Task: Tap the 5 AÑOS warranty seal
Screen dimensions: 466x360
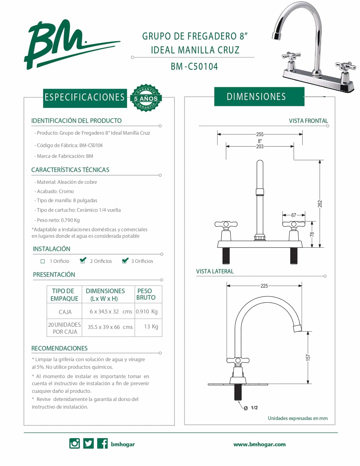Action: [x=145, y=98]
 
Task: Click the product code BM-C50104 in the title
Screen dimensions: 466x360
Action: [x=194, y=67]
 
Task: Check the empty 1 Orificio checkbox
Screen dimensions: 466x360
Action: [x=43, y=261]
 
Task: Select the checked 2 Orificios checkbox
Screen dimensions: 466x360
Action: [x=83, y=261]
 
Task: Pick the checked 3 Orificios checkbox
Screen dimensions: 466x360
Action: [x=125, y=261]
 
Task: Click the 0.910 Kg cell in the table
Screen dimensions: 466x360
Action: [x=147, y=312]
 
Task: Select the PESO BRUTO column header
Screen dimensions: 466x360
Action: [x=146, y=294]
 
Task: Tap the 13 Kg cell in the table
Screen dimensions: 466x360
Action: [x=151, y=326]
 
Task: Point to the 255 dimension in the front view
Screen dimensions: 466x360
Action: [x=260, y=134]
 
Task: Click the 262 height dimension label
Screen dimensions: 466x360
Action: [x=320, y=204]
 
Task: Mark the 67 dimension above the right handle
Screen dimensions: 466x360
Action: [x=294, y=215]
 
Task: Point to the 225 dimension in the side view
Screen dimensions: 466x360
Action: [x=264, y=286]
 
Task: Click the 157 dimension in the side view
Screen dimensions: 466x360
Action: [x=308, y=357]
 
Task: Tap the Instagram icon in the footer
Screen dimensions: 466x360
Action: [x=75, y=443]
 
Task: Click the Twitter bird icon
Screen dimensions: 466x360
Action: [x=88, y=443]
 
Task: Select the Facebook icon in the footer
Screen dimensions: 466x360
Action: [x=102, y=443]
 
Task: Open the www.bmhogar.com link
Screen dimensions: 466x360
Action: [x=259, y=444]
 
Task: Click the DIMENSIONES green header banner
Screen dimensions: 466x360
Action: [x=259, y=97]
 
